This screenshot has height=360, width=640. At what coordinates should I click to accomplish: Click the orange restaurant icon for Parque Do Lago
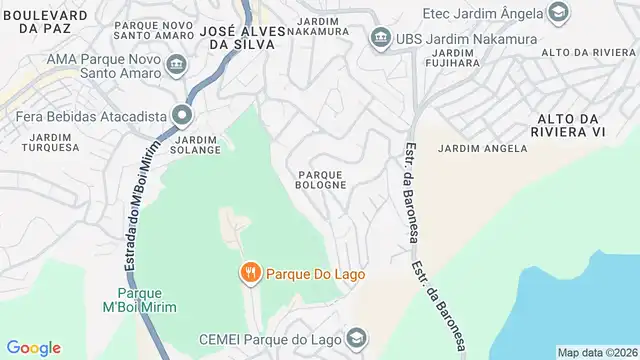pos(249,272)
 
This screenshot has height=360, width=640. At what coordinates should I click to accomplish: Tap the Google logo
pos(34,348)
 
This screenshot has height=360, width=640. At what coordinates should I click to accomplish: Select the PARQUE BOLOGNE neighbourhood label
pos(321,178)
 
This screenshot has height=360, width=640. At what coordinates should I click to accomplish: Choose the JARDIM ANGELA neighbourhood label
pos(482,148)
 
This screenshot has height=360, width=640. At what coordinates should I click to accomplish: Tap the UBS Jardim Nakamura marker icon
pos(380,38)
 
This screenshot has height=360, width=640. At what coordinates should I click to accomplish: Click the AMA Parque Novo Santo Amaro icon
pos(176,66)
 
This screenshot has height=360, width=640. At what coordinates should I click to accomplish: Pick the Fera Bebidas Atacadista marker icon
pos(183,116)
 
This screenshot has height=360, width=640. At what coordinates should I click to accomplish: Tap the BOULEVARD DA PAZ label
pos(44,24)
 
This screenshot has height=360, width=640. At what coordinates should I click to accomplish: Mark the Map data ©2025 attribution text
pos(596,352)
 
